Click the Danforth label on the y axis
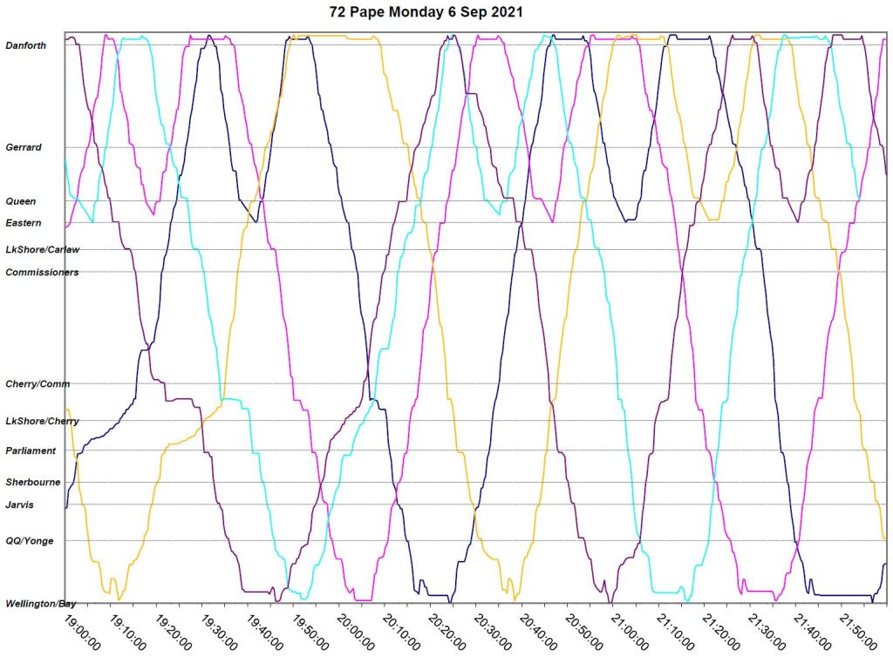coord(26,45)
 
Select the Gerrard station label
coord(24,148)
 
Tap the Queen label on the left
coord(21,201)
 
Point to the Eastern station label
coord(24,223)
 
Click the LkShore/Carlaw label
coord(42,250)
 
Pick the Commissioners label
coord(42,273)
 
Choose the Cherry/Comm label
coord(37,384)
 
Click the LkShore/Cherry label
coord(42,422)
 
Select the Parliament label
coord(31,451)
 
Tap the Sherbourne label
coord(31,482)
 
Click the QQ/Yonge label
coord(30,541)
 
